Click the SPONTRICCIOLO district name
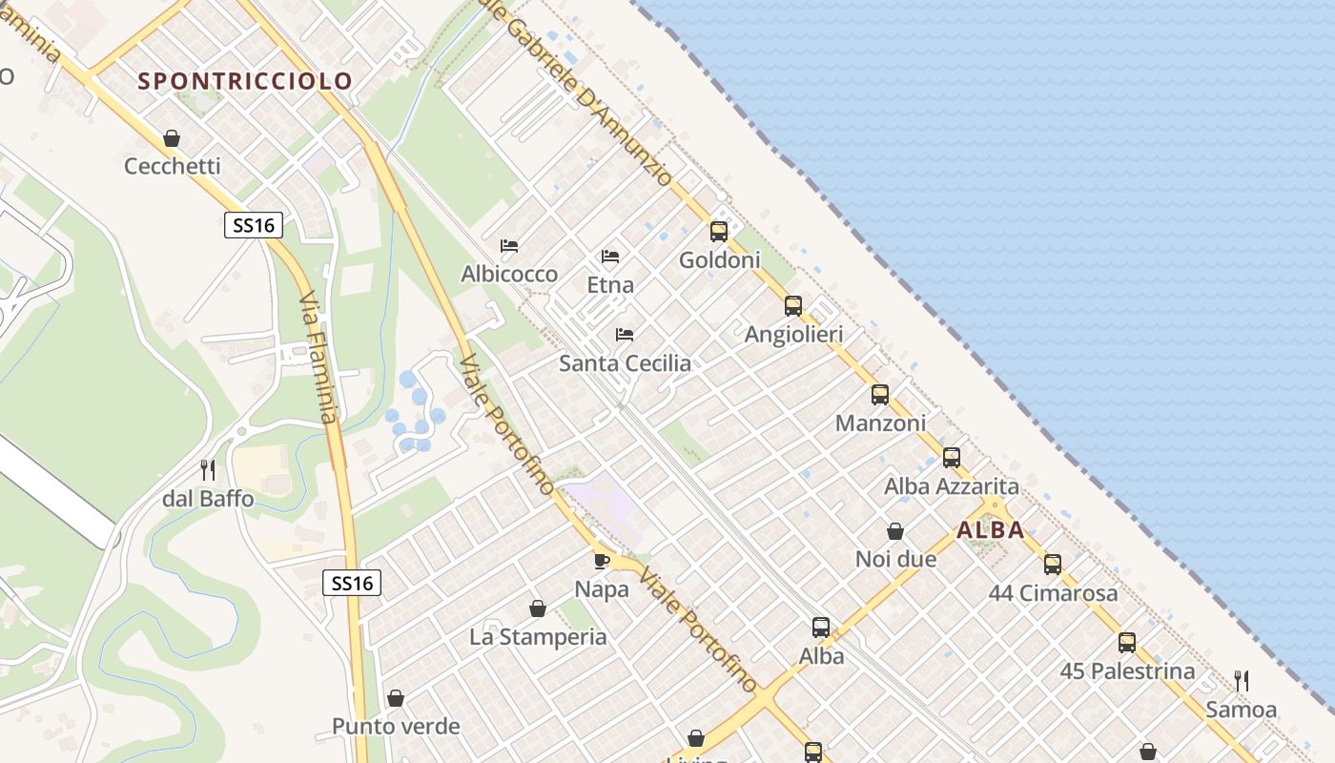point(245,81)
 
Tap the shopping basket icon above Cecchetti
point(172,139)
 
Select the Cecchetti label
point(173,166)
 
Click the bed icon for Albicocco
point(509,246)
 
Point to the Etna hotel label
point(610,284)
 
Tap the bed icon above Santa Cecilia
point(625,335)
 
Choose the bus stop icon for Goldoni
point(719,231)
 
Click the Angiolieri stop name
point(793,335)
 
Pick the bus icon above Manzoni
point(880,394)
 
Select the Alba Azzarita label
point(951,486)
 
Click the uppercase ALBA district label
point(991,530)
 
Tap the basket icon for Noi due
point(895,531)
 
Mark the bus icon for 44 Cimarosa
point(1053,564)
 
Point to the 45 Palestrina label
point(1127,671)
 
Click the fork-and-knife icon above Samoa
point(1242,680)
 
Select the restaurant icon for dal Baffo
point(208,470)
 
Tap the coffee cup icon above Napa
point(602,561)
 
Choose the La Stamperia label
point(538,637)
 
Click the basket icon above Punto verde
point(396,698)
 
